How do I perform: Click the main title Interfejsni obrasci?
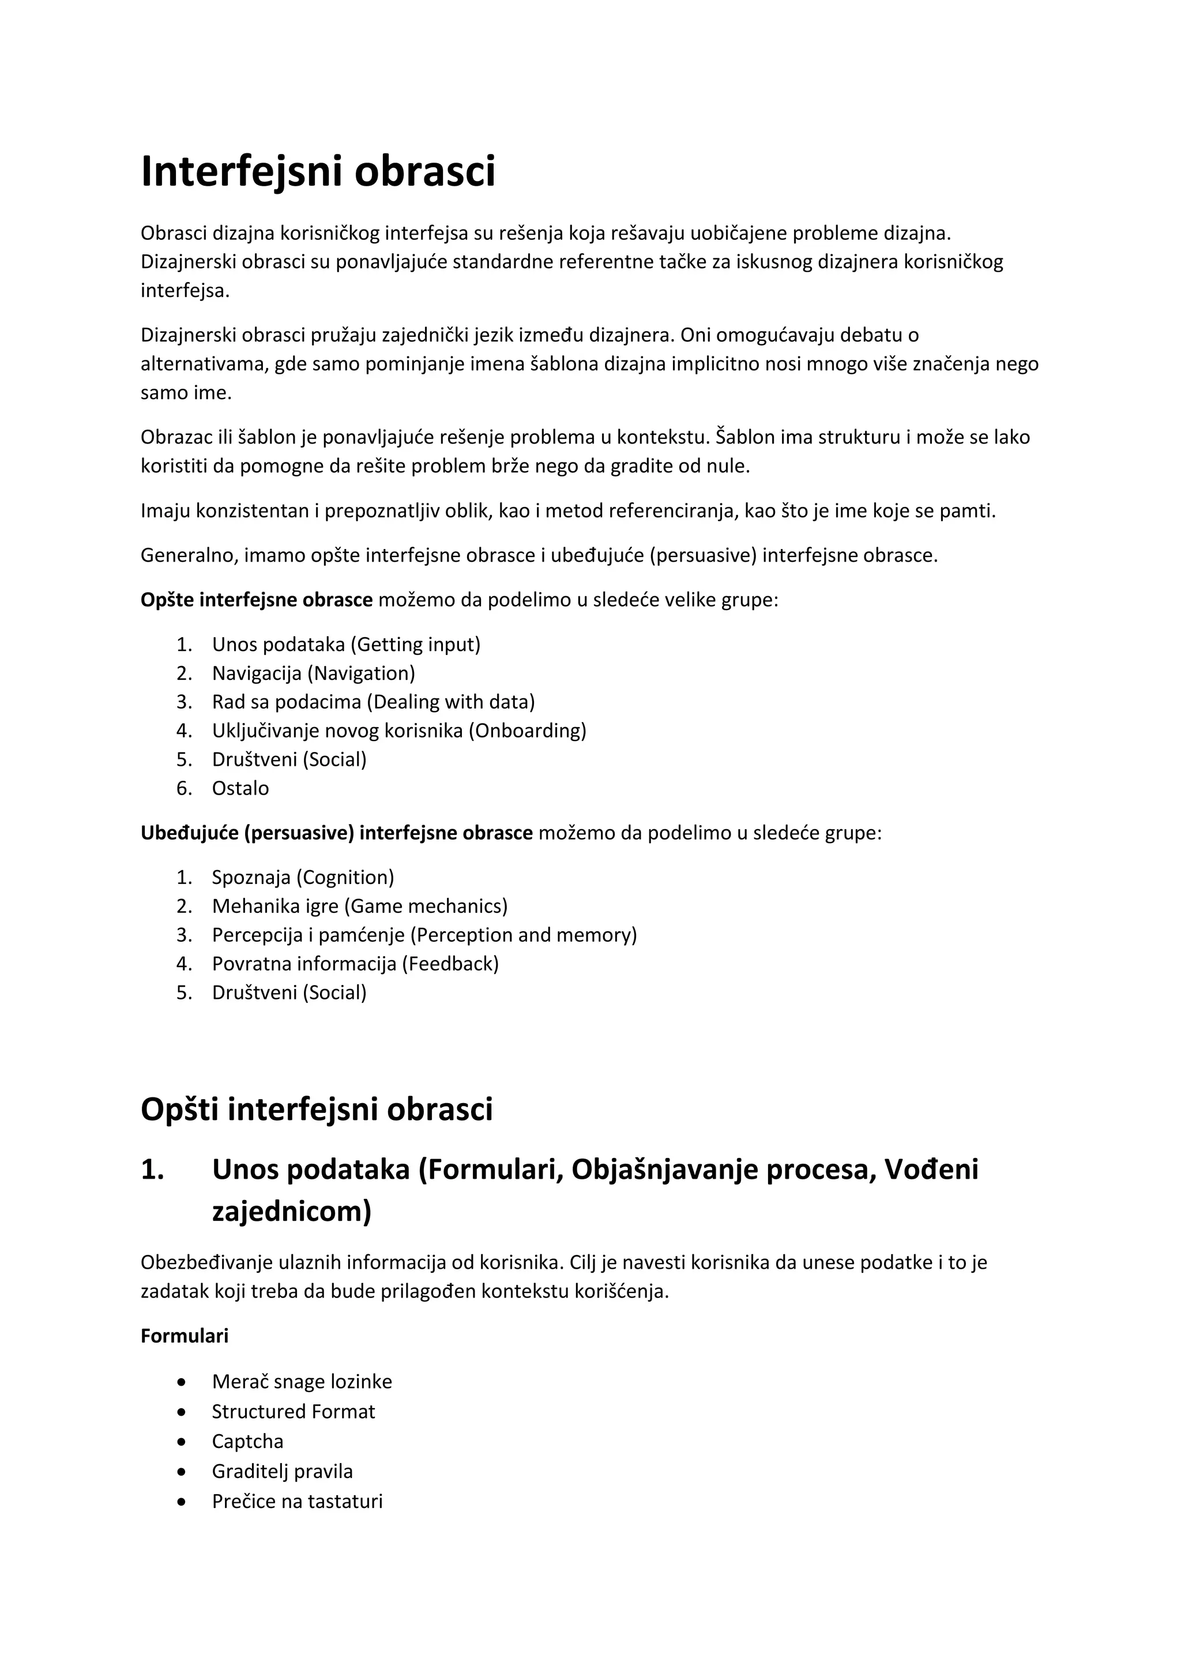(x=318, y=172)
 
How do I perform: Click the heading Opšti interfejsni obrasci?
(x=317, y=1109)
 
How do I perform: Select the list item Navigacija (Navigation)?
(x=314, y=673)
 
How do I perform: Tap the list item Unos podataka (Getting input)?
(x=346, y=645)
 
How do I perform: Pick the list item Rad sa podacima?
(x=373, y=702)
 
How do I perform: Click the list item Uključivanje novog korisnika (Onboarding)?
(x=398, y=730)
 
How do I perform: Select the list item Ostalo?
(x=240, y=788)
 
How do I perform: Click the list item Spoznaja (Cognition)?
(x=303, y=877)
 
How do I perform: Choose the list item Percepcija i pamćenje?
(x=424, y=935)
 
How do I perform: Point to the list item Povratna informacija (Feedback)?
(x=355, y=964)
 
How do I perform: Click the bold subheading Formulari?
(x=184, y=1336)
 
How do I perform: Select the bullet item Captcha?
(x=247, y=1441)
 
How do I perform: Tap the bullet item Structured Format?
(x=293, y=1411)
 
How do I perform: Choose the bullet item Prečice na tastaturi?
(x=297, y=1500)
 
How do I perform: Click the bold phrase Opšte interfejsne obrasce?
(x=256, y=600)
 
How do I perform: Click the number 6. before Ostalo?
(x=184, y=788)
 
